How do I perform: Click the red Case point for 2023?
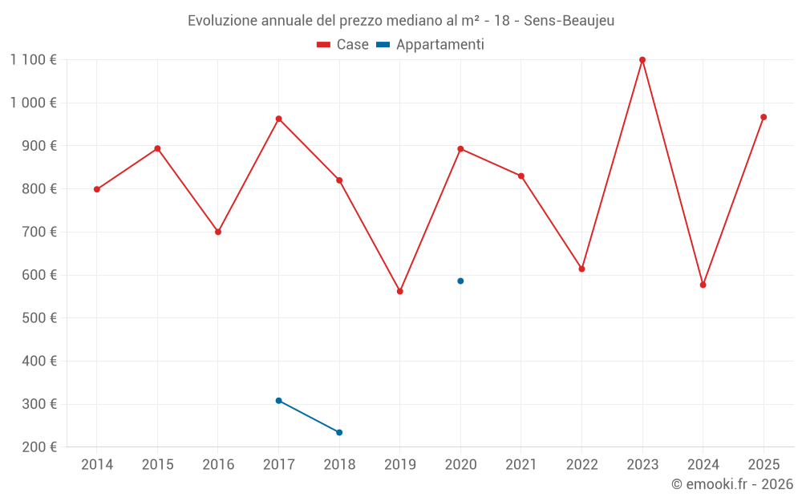pyautogui.click(x=642, y=60)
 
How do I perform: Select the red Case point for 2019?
pyautogui.click(x=400, y=291)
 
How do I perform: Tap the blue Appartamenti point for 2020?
pyautogui.click(x=460, y=281)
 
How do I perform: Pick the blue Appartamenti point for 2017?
pyautogui.click(x=278, y=401)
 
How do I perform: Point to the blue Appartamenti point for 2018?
pyautogui.click(x=339, y=433)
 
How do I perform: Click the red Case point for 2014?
pyautogui.click(x=97, y=190)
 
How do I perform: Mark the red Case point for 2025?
pyautogui.click(x=764, y=117)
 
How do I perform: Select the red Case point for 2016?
pyautogui.click(x=218, y=232)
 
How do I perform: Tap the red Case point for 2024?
pyautogui.click(x=703, y=285)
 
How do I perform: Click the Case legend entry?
pyautogui.click(x=343, y=45)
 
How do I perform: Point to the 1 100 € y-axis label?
pyautogui.click(x=33, y=59)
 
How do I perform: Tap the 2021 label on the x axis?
pyautogui.click(x=521, y=465)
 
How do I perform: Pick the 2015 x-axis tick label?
pyautogui.click(x=157, y=465)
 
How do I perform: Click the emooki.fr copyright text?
pyautogui.click(x=732, y=484)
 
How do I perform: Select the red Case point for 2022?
pyautogui.click(x=582, y=269)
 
